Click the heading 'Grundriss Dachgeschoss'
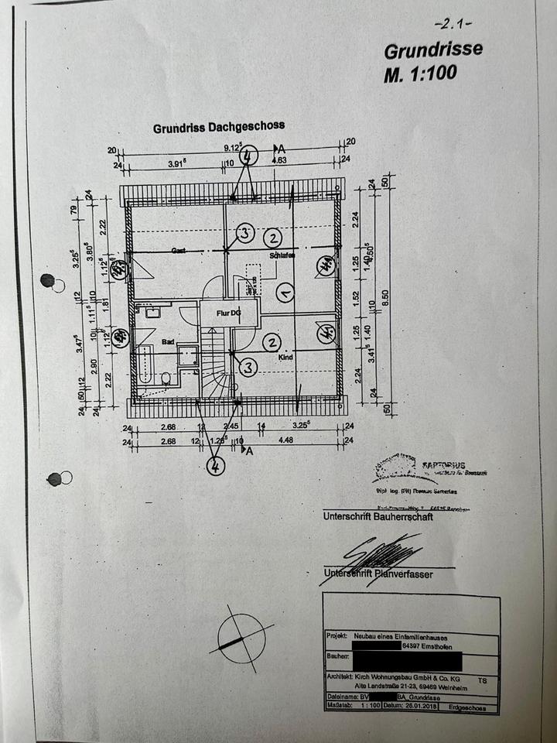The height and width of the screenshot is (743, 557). [218, 126]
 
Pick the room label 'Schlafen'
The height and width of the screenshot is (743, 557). [283, 255]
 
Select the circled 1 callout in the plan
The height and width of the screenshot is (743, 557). [284, 293]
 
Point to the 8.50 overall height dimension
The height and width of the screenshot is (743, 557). [384, 293]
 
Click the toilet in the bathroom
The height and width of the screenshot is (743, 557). [166, 378]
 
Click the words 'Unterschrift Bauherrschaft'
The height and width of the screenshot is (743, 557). [378, 517]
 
